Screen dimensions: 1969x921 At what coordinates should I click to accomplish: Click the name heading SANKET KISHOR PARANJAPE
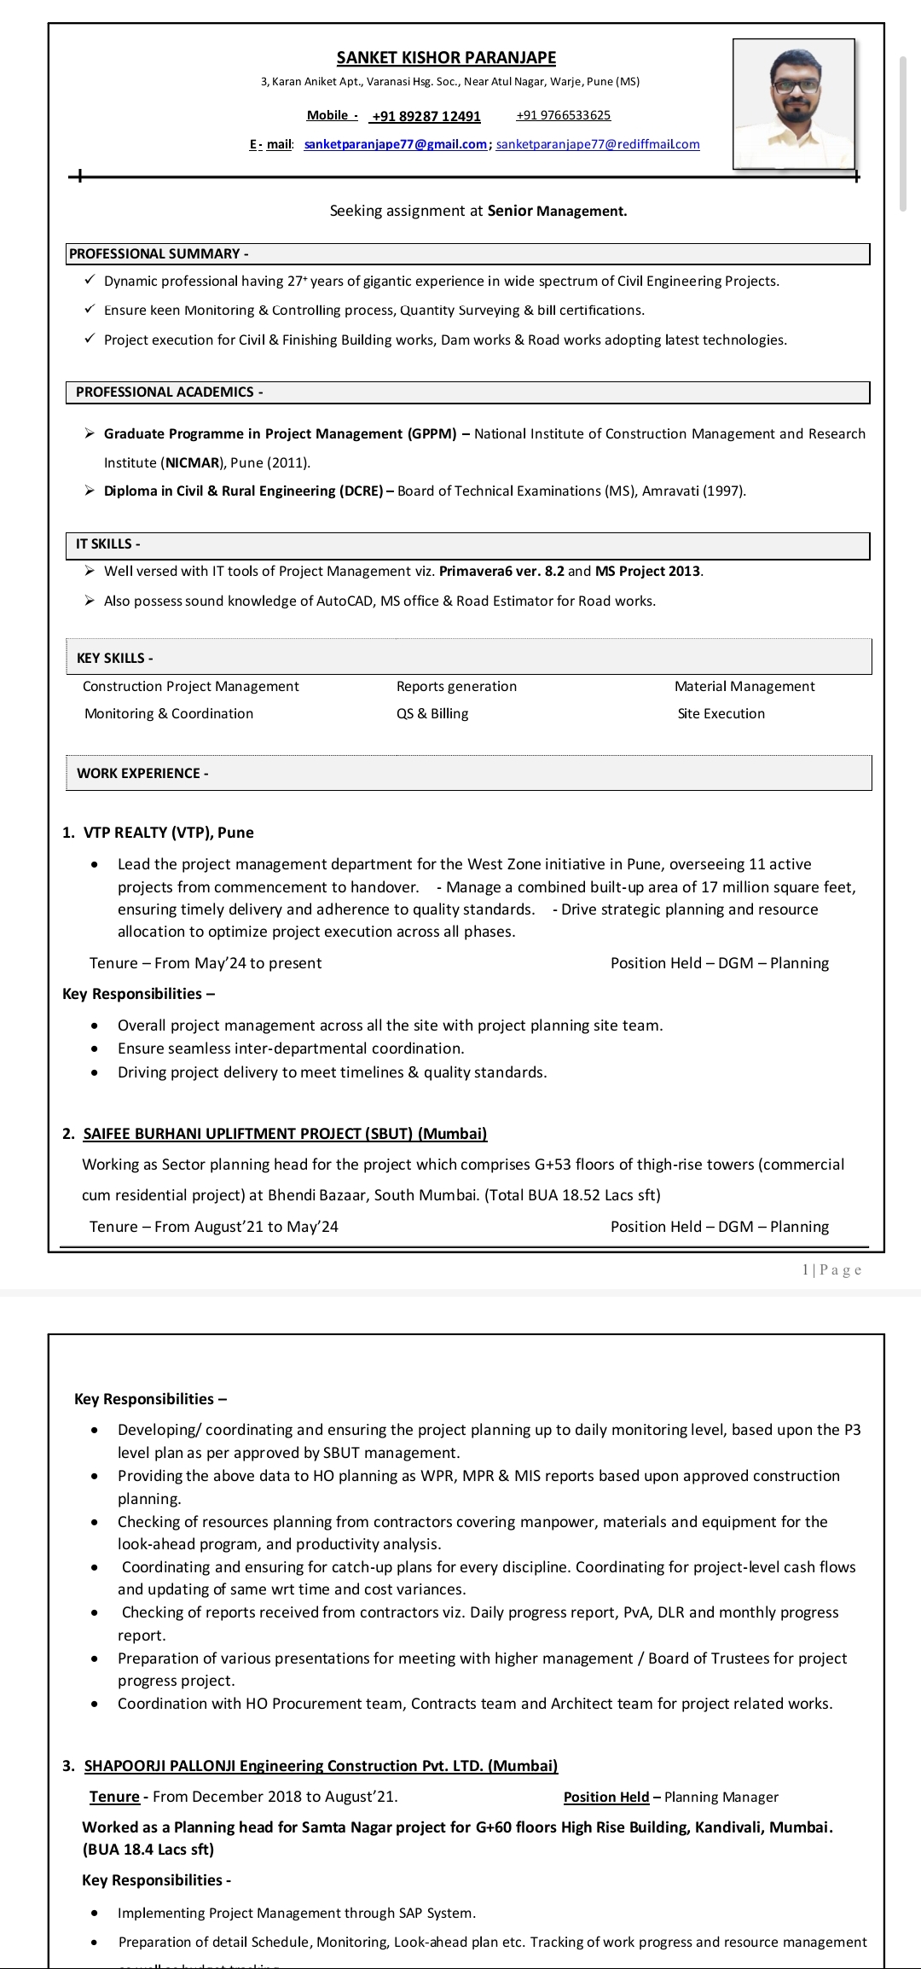click(446, 58)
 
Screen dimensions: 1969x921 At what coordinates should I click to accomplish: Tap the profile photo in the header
click(794, 104)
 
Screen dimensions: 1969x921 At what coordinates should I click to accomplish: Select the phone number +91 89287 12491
click(426, 116)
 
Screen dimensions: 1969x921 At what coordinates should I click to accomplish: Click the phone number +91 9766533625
click(564, 115)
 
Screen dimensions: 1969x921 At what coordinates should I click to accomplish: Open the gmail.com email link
click(395, 144)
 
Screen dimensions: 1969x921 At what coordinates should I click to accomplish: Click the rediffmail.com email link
click(598, 144)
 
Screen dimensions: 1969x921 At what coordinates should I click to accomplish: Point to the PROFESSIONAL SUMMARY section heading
click(159, 253)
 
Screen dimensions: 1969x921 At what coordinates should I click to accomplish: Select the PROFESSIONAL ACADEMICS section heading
click(169, 392)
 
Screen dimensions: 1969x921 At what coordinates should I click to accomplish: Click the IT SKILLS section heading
click(107, 543)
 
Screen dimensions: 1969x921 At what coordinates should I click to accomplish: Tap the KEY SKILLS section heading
click(114, 658)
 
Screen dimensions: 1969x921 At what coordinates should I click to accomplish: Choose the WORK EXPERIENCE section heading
click(142, 773)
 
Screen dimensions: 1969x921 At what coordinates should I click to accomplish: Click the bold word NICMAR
click(193, 462)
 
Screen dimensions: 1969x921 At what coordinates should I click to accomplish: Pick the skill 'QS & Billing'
click(432, 713)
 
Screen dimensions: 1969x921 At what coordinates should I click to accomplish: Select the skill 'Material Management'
click(744, 686)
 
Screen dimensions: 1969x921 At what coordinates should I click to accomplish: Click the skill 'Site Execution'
click(721, 713)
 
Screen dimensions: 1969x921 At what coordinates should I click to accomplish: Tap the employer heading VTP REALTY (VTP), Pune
click(168, 833)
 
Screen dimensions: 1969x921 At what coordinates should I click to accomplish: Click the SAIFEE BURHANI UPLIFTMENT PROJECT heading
click(285, 1133)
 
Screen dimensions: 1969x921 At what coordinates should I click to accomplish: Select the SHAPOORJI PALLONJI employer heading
click(321, 1765)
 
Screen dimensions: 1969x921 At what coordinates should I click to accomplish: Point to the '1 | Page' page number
click(831, 1269)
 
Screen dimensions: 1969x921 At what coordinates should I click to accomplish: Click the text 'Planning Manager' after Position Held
click(721, 1797)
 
